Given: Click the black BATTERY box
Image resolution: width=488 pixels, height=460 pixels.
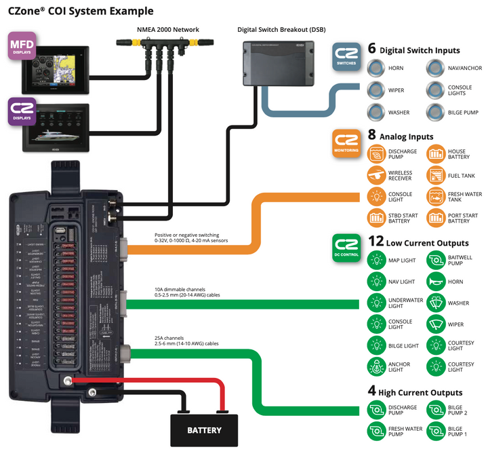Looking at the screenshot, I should point(204,429).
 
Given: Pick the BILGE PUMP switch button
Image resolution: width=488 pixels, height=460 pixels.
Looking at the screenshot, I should point(436,112).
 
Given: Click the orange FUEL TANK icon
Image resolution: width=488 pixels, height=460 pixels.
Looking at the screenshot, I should point(436,176).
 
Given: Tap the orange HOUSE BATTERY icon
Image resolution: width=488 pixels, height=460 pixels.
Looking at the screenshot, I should point(436,154).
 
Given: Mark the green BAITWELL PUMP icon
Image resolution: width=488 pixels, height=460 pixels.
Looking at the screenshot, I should point(436,260).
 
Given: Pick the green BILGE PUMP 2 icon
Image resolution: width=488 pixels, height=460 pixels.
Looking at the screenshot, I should point(436,409).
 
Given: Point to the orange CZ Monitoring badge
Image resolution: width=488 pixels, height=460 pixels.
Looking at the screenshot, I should point(347,142).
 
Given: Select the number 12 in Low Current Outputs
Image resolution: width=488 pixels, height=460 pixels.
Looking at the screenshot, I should point(375,242).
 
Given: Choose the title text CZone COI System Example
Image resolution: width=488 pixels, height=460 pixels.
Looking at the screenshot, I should point(81,11).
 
